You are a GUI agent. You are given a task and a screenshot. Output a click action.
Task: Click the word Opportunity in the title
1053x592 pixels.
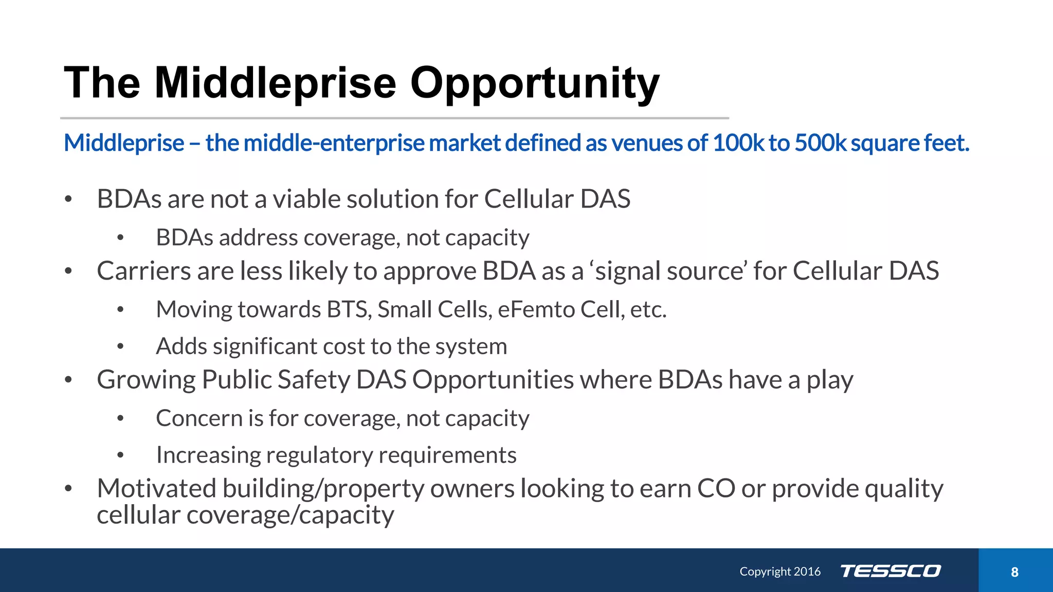[534, 83]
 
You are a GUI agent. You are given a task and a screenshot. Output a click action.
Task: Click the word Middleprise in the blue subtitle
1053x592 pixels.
[124, 143]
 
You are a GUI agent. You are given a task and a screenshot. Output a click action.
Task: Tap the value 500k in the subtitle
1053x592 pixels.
[820, 143]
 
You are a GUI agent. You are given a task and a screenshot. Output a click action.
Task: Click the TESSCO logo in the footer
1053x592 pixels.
[891, 571]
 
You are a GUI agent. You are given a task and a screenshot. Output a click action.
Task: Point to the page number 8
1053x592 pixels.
[1014, 572]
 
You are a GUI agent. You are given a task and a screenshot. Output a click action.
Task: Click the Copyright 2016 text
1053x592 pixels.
[780, 571]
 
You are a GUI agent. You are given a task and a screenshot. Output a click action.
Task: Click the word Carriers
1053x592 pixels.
[144, 271]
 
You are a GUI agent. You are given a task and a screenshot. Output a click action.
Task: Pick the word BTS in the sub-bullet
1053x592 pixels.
[349, 309]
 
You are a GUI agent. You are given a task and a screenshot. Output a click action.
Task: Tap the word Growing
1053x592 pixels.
[146, 380]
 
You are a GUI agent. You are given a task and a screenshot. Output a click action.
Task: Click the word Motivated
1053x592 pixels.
[156, 488]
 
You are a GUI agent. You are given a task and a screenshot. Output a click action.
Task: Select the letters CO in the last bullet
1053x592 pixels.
[716, 488]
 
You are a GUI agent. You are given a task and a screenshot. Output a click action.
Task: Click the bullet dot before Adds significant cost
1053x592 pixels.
[120, 347]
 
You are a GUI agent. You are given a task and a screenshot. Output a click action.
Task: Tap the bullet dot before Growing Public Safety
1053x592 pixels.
[68, 380]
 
